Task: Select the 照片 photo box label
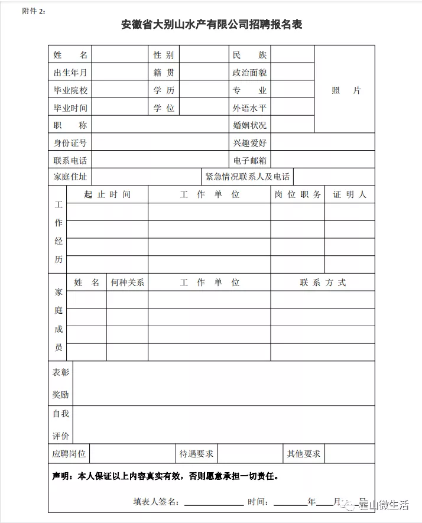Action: pyautogui.click(x=346, y=90)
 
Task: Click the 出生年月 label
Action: pyautogui.click(x=70, y=73)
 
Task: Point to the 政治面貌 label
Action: pyautogui.click(x=249, y=73)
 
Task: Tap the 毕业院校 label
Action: pyautogui.click(x=70, y=90)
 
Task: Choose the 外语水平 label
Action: pyautogui.click(x=249, y=108)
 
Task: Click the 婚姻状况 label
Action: pyautogui.click(x=249, y=125)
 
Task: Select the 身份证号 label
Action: pyautogui.click(x=70, y=142)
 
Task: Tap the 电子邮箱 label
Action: pyautogui.click(x=249, y=160)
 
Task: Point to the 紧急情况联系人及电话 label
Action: pyautogui.click(x=247, y=177)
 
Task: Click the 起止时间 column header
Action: pyautogui.click(x=107, y=194)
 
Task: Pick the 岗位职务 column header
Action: pyautogui.click(x=298, y=194)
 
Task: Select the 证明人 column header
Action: pyautogui.click(x=349, y=194)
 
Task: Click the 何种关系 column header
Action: pyautogui.click(x=127, y=282)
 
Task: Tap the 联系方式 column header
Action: pyautogui.click(x=323, y=282)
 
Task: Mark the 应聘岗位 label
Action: pyautogui.click(x=69, y=454)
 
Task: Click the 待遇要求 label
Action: pyautogui.click(x=196, y=454)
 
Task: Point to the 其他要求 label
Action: pyautogui.click(x=303, y=454)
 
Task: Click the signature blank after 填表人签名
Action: pyautogui.click(x=213, y=501)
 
